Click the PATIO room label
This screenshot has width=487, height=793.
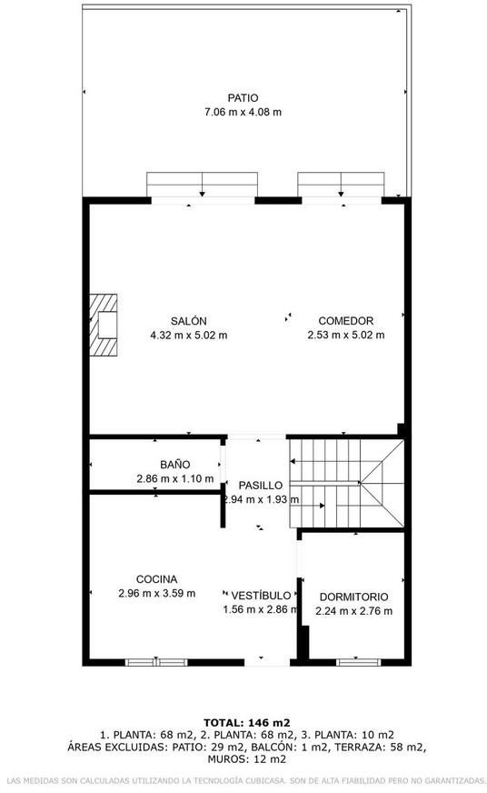(x=243, y=98)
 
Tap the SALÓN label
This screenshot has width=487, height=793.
(x=188, y=321)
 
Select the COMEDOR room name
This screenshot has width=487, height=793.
(x=345, y=321)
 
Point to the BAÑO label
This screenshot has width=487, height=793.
(x=174, y=465)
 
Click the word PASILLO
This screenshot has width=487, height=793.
(x=260, y=486)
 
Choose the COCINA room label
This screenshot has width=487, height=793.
(x=156, y=579)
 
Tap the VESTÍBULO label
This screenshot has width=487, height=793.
(x=261, y=596)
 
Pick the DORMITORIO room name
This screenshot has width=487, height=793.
(x=353, y=597)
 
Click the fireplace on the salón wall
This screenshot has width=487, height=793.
(x=104, y=325)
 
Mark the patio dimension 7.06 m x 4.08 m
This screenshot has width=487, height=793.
(x=243, y=112)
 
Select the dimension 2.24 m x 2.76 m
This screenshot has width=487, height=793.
(x=353, y=611)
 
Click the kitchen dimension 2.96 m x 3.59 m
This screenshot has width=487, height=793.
(x=156, y=593)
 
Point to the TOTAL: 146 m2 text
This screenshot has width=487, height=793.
(x=246, y=723)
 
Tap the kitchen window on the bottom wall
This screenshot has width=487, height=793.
(x=156, y=662)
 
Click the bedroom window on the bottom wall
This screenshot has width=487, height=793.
(x=358, y=662)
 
